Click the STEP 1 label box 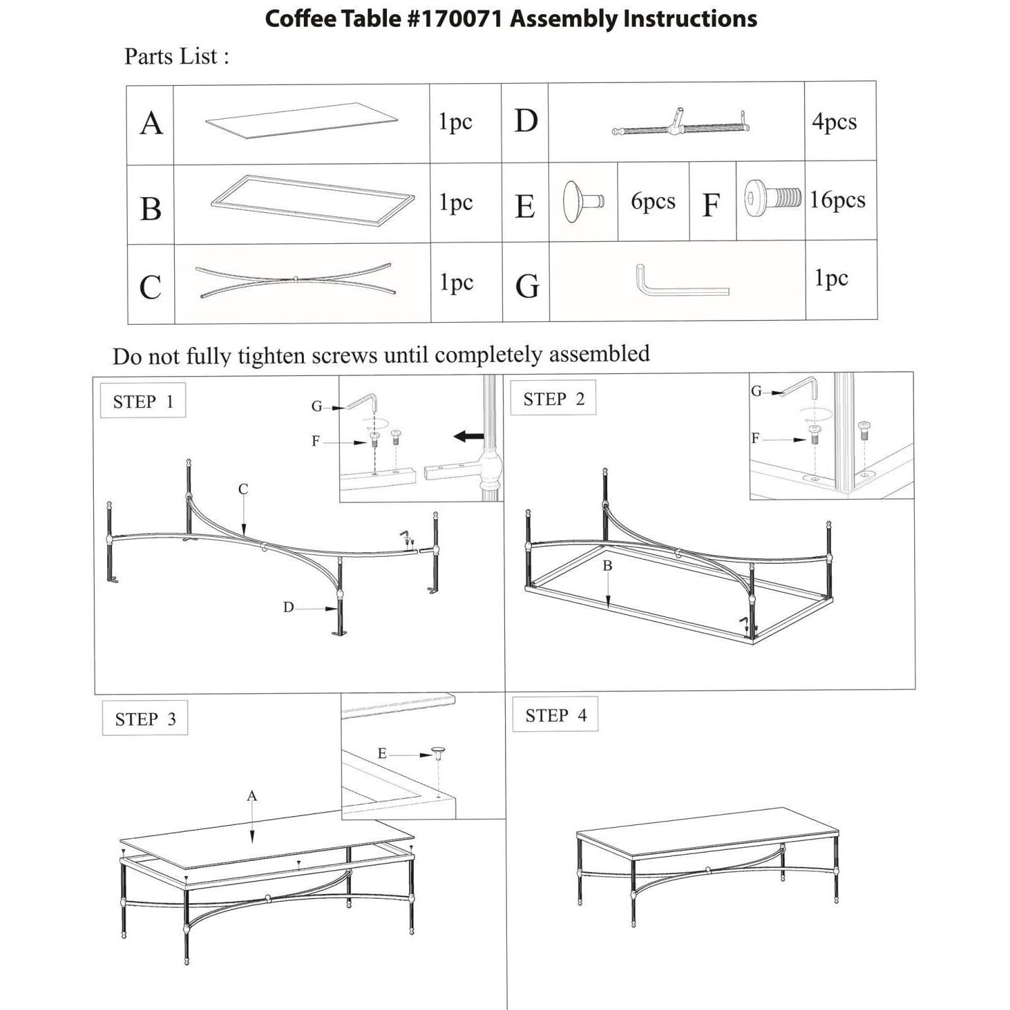pos(143,402)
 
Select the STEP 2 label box pos(554,399)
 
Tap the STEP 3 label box pos(145,719)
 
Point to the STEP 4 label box pos(556,716)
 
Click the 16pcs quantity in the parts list pos(837,200)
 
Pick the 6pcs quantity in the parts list pos(653,201)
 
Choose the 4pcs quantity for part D pos(834,122)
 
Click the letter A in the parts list pos(151,124)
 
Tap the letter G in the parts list pos(527,286)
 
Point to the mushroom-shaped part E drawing pos(582,201)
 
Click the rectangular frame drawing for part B pos(313,202)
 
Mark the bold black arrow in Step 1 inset pos(469,436)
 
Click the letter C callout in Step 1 pos(243,489)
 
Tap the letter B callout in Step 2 pos(607,566)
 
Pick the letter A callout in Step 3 pos(252,796)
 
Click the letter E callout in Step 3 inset pos(382,753)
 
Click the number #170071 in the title pos(454,19)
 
